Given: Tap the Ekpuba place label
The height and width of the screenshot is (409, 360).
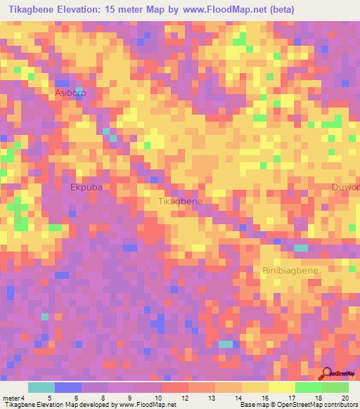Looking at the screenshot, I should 86,188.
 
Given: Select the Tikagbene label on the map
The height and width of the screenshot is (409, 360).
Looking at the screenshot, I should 181,201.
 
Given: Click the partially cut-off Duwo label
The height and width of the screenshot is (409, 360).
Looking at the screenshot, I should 346,188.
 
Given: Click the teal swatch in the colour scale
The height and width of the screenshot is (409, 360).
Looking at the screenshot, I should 41,387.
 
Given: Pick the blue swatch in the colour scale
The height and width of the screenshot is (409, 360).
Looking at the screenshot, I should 68,387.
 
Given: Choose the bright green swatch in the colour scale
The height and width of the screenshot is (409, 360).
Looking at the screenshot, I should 309,387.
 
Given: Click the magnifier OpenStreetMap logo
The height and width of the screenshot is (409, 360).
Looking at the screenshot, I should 327,373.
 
